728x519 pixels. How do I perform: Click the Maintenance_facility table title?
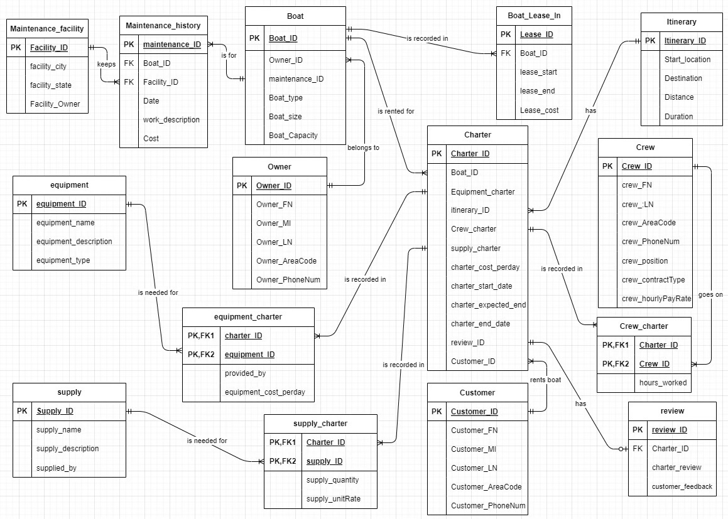pos(47,28)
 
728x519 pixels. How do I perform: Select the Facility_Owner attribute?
pos(55,104)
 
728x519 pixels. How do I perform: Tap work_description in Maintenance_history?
pos(171,120)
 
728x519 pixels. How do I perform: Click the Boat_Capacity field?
pos(293,135)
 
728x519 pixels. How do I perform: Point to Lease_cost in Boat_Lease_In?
pos(539,110)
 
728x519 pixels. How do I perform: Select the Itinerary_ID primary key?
pos(685,41)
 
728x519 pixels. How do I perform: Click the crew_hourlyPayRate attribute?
pos(656,299)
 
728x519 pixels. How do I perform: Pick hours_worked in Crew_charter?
pos(663,383)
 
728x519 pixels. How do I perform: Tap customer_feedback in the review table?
pos(682,486)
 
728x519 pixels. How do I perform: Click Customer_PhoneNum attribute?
pos(488,506)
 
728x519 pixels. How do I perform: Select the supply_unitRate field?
pos(333,500)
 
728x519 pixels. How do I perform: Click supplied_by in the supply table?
pos(57,468)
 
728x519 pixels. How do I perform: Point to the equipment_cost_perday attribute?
pos(264,392)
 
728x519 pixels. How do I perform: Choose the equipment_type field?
pos(63,260)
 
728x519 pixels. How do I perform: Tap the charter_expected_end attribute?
pos(488,305)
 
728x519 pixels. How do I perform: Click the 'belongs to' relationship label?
pos(363,148)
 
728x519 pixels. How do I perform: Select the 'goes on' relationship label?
pos(710,294)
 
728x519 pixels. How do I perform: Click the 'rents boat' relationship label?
pos(545,380)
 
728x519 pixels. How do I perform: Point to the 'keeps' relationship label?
pos(106,64)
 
